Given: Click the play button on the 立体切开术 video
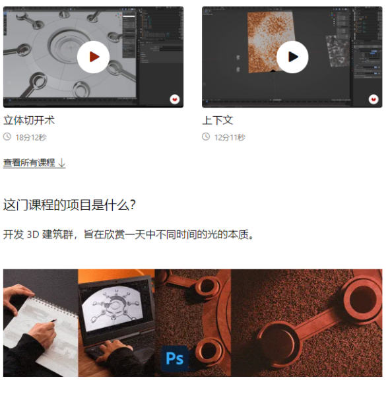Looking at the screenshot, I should (x=93, y=57).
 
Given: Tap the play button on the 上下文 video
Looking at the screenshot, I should (x=292, y=57).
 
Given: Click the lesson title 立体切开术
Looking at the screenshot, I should (x=29, y=120).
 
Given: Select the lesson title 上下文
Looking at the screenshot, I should (x=217, y=120).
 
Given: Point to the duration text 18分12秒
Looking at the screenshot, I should (x=31, y=137).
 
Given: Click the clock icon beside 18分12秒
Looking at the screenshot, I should (x=7, y=137).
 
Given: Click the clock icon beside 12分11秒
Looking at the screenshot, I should (x=206, y=137).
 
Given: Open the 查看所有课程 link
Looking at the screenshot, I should (x=29, y=162).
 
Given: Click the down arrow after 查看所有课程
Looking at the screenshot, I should (x=61, y=162).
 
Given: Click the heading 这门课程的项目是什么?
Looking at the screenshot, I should (x=69, y=205).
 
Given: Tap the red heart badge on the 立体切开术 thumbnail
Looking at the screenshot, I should (x=175, y=99).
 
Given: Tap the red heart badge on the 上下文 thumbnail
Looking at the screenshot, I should (x=374, y=99).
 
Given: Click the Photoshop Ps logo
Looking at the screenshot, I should (x=175, y=358).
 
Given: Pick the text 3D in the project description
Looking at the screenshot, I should (x=33, y=234).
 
